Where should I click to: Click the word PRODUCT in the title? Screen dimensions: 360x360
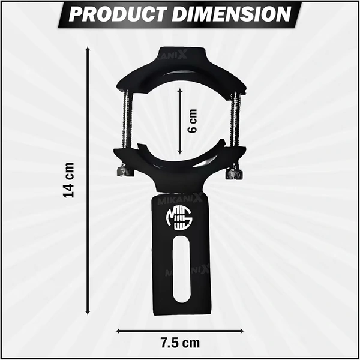point(119,14)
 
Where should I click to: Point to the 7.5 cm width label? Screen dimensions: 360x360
point(180,344)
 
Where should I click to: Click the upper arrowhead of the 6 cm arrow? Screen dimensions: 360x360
point(181,88)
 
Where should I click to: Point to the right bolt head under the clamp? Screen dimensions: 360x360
point(233,173)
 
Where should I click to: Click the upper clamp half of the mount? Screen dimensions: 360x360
point(180,71)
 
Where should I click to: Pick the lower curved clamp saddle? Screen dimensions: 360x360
point(180,168)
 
